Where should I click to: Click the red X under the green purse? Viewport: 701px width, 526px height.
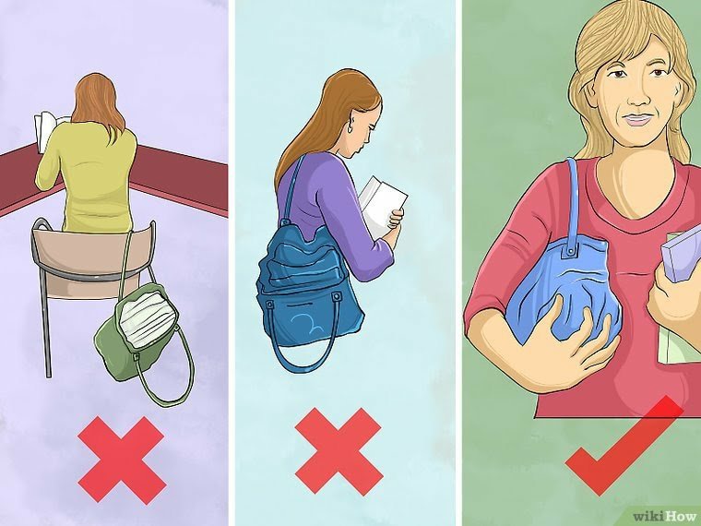[x=121, y=460]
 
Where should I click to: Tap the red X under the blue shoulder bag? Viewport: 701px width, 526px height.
[x=339, y=451]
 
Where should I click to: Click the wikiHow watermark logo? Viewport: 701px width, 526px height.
[x=666, y=517]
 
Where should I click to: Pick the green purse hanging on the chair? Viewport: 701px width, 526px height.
[x=134, y=336]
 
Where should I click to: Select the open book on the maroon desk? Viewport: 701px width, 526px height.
[x=47, y=130]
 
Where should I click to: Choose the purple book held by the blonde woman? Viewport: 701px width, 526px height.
[x=681, y=257]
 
